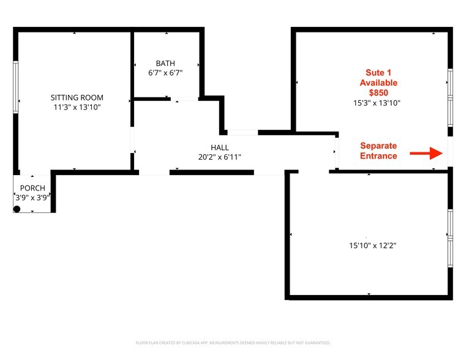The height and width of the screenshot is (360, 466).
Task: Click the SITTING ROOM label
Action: point(77,97)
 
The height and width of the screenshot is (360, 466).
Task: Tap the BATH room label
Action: point(165,63)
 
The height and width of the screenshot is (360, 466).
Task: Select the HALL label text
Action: point(220,148)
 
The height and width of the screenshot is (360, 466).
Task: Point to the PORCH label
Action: point(32,188)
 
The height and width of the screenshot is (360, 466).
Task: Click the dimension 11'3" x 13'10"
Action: point(77,107)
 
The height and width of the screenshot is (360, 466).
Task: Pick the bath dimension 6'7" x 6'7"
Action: point(165,73)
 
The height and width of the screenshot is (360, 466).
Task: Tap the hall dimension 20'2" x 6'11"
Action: point(220,157)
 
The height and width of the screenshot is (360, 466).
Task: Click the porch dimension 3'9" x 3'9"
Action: point(32,198)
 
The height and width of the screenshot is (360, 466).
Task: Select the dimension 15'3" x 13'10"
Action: point(377,103)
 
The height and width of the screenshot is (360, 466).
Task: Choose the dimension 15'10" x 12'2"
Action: point(373,246)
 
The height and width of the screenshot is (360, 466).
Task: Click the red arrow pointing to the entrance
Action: point(426,153)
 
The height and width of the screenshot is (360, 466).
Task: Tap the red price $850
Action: point(378,92)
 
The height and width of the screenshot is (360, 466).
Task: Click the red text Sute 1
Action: point(378,72)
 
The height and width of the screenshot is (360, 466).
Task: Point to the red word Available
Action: point(378,83)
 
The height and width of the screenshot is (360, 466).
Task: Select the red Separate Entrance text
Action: point(378,151)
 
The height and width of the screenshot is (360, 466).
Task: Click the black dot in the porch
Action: point(17,209)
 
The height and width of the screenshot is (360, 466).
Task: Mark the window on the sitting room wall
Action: point(16,87)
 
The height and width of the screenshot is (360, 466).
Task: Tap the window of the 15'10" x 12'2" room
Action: point(450,238)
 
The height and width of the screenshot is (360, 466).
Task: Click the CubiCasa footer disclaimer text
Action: point(233,343)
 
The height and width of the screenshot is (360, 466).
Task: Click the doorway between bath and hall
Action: point(184,99)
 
